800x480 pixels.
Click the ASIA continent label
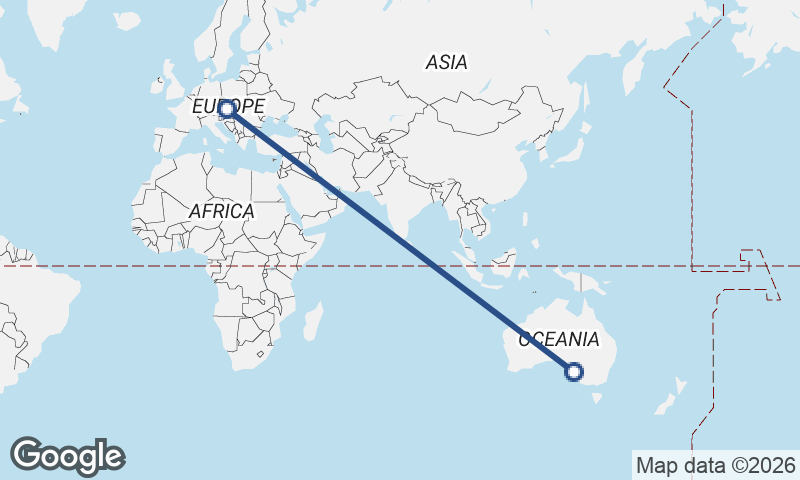coord(446,62)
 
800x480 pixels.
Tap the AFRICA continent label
coord(221,211)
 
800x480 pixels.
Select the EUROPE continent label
coord(229,106)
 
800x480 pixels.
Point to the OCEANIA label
coord(559,339)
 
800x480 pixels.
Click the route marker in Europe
coord(227,108)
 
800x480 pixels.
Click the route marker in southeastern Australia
coord(574,372)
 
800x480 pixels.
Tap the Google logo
coord(67,456)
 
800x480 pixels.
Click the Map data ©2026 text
coord(715,465)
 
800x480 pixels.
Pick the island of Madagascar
coord(313,322)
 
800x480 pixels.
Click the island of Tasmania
coord(598,397)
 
